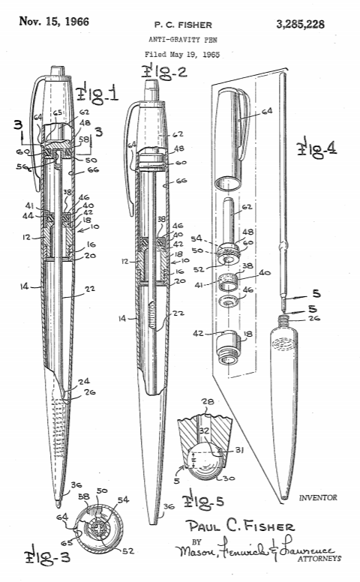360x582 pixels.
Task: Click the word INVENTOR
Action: pyautogui.click(x=318, y=497)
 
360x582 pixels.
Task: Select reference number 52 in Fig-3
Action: pyautogui.click(x=127, y=551)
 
